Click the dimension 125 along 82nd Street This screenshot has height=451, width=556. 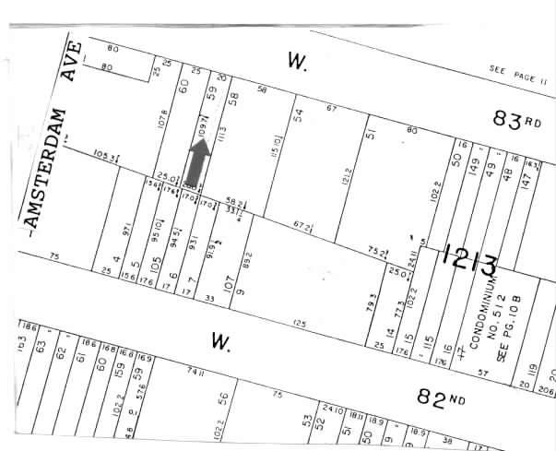click(299, 324)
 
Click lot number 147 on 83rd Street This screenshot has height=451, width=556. click(525, 187)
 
